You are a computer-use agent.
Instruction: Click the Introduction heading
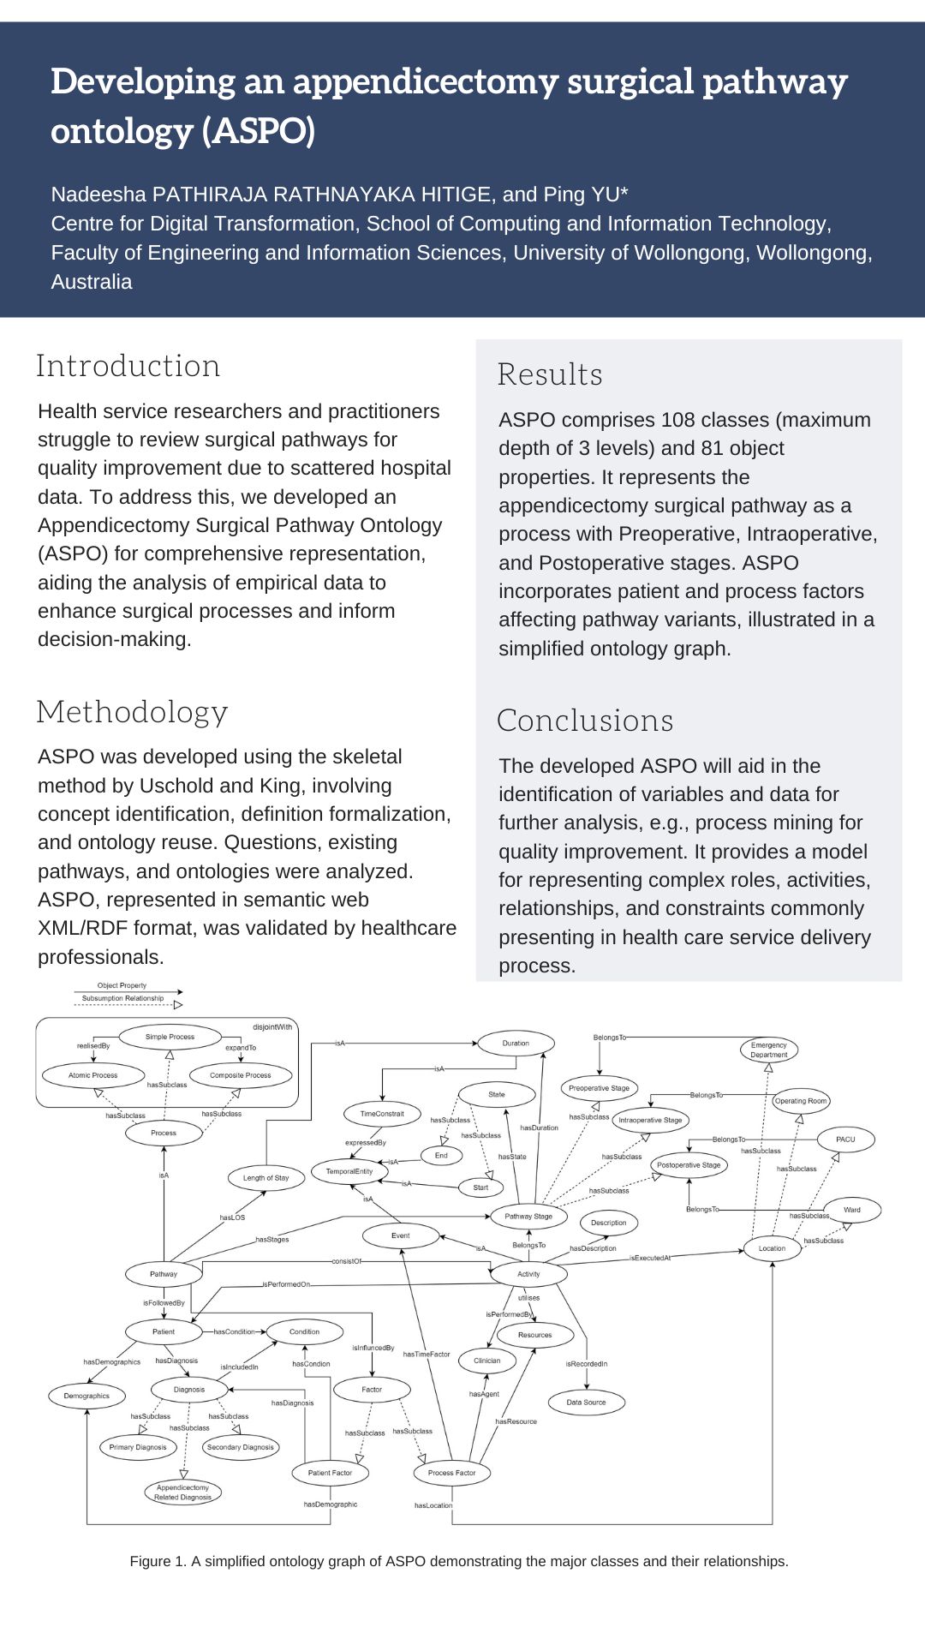[x=128, y=366]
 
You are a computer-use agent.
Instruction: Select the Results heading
[x=550, y=374]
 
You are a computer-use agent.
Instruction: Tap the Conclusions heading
[x=585, y=721]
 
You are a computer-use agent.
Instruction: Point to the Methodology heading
[x=132, y=712]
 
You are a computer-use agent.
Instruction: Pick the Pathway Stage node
[x=528, y=1217]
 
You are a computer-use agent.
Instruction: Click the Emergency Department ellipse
[x=768, y=1050]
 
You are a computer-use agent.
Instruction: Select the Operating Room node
[x=801, y=1101]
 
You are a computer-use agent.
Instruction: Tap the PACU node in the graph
[x=845, y=1140]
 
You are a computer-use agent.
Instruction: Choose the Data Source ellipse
[x=586, y=1403]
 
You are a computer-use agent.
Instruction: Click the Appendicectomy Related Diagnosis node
[x=182, y=1492]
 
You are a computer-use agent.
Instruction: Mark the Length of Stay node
[x=266, y=1178]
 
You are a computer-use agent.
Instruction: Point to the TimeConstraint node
[x=382, y=1114]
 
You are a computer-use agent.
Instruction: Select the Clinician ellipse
[x=486, y=1361]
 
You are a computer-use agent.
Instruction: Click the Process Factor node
[x=451, y=1473]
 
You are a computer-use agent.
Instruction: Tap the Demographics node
[x=87, y=1396]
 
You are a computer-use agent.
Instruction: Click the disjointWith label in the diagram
[x=272, y=1026]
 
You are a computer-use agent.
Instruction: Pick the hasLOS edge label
[x=232, y=1217]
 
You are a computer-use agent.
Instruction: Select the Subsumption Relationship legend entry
[x=122, y=998]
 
